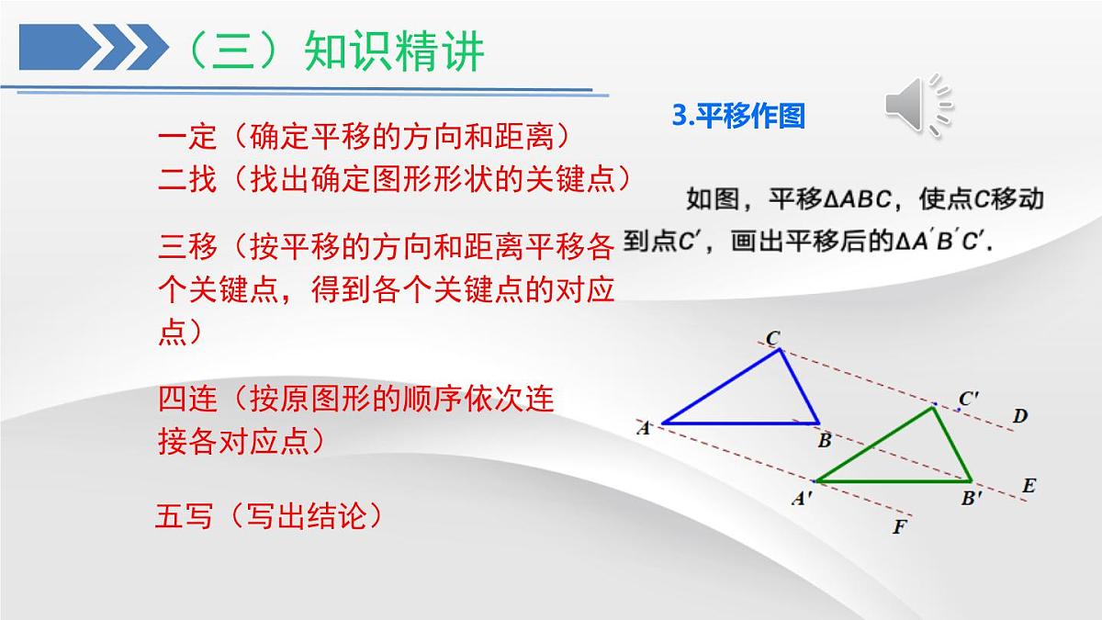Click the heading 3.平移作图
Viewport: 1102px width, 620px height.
coord(738,117)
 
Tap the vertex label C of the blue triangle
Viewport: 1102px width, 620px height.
coord(773,339)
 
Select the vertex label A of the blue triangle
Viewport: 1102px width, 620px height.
coord(644,427)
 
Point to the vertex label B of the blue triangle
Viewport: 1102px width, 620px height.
coord(825,441)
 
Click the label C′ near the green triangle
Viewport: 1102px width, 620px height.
coord(969,399)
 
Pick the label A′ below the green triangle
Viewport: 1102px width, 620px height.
coord(801,499)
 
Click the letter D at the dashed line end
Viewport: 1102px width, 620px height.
coord(1020,417)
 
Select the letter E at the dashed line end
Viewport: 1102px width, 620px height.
coord(1029,486)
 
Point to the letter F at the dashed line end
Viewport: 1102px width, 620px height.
coord(899,527)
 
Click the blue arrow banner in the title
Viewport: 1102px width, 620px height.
coord(92,47)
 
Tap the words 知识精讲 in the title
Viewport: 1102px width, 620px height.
coord(394,52)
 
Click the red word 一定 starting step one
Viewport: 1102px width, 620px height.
coord(187,138)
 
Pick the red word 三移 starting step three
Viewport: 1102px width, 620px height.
coord(187,247)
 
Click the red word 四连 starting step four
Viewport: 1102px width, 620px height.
coord(187,400)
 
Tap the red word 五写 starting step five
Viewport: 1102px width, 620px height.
coord(185,516)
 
